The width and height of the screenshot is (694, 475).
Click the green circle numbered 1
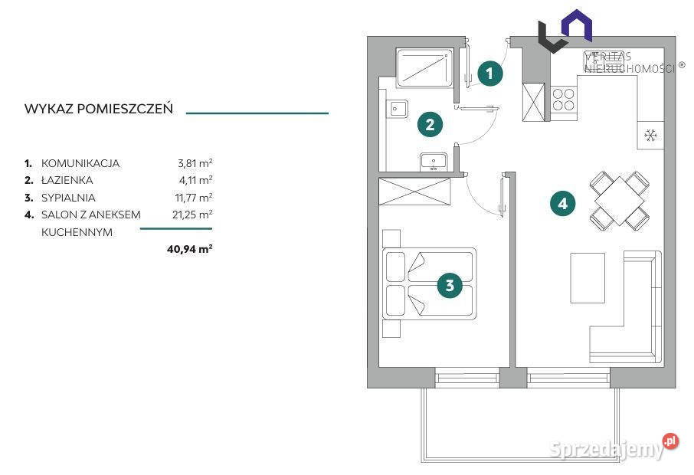pyautogui.click(x=489, y=74)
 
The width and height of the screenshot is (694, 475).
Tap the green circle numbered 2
pyautogui.click(x=430, y=124)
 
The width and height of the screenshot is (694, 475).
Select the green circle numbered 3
pyautogui.click(x=450, y=285)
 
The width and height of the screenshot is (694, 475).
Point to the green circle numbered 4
pyautogui.click(x=562, y=204)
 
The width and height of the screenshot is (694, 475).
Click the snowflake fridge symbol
pyautogui.click(x=650, y=135)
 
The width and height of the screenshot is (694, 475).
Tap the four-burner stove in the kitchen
pyautogui.click(x=564, y=100)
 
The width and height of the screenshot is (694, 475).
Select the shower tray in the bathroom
pyautogui.click(x=424, y=67)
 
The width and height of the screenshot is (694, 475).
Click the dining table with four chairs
pyautogui.click(x=619, y=201)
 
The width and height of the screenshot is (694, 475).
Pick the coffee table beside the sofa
pyautogui.click(x=588, y=278)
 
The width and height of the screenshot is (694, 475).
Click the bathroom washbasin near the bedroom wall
pyautogui.click(x=434, y=162)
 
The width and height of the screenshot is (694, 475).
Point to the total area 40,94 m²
pyautogui.click(x=189, y=249)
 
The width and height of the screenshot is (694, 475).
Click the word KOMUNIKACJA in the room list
pyautogui.click(x=80, y=163)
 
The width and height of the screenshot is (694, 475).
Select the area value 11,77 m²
pyautogui.click(x=194, y=197)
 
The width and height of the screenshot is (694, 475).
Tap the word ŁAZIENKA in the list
pyautogui.click(x=67, y=180)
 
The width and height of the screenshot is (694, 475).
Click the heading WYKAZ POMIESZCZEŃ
pyautogui.click(x=99, y=109)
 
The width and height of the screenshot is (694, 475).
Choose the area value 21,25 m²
pyautogui.click(x=192, y=215)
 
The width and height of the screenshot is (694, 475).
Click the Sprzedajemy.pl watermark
pyautogui.click(x=614, y=448)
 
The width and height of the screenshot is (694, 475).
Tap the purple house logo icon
pyautogui.click(x=577, y=26)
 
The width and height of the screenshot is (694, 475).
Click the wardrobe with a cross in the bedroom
pyautogui.click(x=414, y=192)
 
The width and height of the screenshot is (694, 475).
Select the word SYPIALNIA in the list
pyautogui.click(x=68, y=198)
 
